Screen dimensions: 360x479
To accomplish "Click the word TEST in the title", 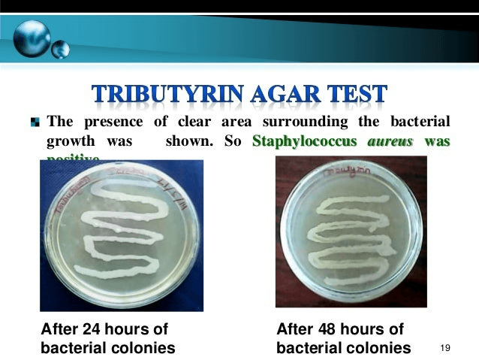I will [x=358, y=94].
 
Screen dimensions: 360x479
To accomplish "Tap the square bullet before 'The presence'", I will [x=35, y=122].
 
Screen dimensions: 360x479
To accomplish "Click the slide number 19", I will [x=445, y=348].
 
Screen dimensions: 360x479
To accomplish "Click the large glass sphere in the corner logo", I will [x=32, y=35].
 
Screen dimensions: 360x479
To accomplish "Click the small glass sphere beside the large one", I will [x=60, y=50].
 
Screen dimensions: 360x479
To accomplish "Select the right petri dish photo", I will [x=351, y=231].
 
